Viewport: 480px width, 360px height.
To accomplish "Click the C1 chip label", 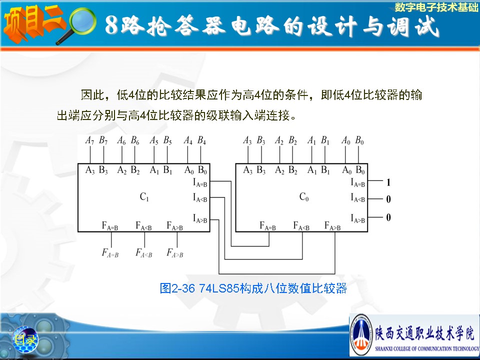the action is [x=144, y=196].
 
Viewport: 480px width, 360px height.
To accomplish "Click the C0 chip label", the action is [x=304, y=196].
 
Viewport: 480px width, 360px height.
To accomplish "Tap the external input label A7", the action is [x=89, y=140].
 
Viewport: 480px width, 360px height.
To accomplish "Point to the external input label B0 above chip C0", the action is [x=359, y=140].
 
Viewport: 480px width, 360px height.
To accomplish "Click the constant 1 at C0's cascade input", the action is [x=388, y=182].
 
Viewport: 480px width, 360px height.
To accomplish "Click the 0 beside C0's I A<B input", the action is [x=388, y=199].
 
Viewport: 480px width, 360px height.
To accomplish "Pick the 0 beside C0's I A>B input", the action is [x=388, y=217].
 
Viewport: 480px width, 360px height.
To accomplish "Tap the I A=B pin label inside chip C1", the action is [x=200, y=183].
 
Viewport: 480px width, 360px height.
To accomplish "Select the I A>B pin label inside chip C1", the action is [x=200, y=219].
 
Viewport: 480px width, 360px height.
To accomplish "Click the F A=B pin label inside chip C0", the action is [x=267, y=226].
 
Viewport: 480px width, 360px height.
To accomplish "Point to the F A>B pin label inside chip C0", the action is [x=332, y=226].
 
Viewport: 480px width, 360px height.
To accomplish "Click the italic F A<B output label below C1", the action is [x=144, y=253].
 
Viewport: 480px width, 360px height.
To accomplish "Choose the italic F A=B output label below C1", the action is [x=110, y=253].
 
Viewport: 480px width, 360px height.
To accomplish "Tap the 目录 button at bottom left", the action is [x=25, y=339].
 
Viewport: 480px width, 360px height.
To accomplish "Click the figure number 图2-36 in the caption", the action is [x=177, y=288].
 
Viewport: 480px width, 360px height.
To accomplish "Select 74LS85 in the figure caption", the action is [x=219, y=288].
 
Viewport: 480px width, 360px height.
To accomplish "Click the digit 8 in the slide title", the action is [x=111, y=25].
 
